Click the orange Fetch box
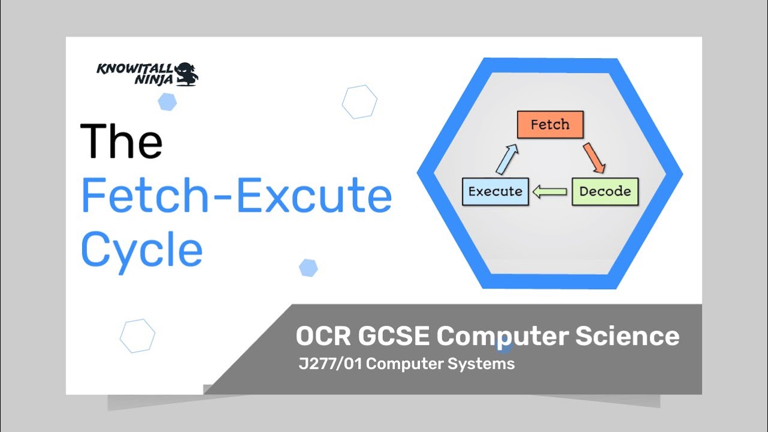tap(550, 125)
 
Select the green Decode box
tap(605, 191)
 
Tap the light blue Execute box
tap(496, 191)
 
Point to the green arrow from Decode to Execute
tap(550, 192)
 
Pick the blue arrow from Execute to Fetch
tap(506, 159)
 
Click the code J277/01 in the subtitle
tap(331, 364)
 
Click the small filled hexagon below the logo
tap(167, 102)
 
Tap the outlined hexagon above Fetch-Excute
tap(359, 102)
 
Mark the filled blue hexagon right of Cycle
tap(308, 268)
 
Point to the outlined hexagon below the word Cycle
tap(137, 336)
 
